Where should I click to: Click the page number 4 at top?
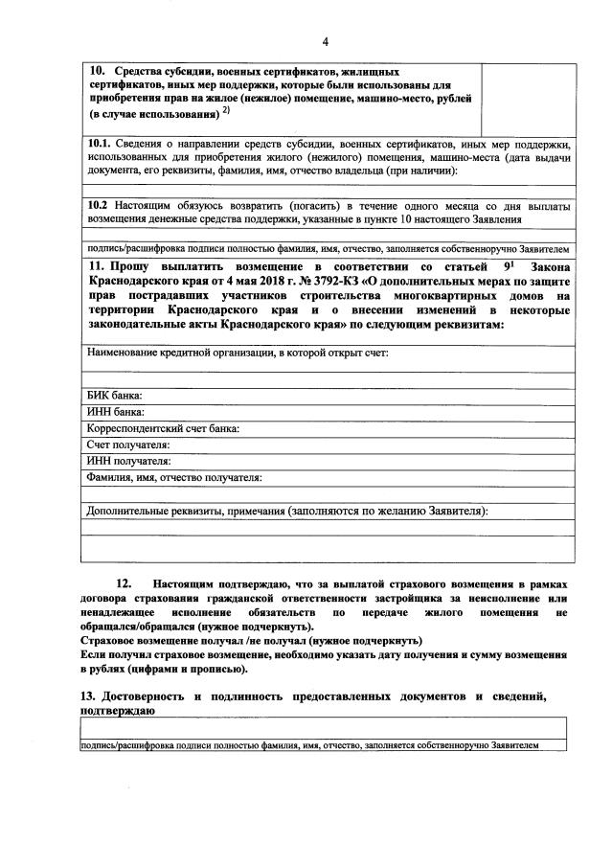325,41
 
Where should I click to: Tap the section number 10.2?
99,205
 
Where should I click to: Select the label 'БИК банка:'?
114,396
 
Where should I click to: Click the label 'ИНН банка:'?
115,413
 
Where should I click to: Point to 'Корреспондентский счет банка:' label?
163,429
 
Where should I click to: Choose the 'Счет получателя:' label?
128,445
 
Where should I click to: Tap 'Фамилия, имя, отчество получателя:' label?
174,478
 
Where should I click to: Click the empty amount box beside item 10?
528,98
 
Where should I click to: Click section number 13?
88,696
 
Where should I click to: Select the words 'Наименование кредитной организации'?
172,353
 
